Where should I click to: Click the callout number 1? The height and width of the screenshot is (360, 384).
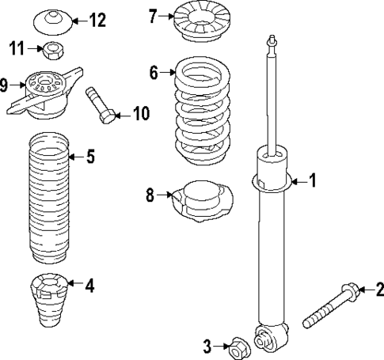pos(312,182)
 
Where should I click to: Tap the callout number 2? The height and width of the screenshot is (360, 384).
pos(378,290)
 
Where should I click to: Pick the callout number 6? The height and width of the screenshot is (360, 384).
pos(154,73)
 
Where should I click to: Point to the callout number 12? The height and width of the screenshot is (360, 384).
pos(97,20)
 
